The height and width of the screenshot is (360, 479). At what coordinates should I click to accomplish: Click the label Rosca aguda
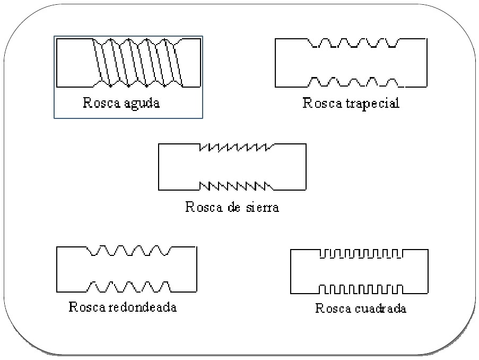[x=121, y=103]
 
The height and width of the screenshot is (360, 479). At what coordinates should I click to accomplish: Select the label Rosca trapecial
[x=351, y=103]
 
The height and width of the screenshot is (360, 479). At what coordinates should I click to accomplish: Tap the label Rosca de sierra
[x=232, y=207]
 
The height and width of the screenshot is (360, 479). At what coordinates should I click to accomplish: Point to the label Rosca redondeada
[x=123, y=307]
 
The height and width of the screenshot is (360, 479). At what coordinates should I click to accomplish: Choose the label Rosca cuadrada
[x=361, y=308]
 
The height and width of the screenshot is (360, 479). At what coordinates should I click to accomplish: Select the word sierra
[x=261, y=207]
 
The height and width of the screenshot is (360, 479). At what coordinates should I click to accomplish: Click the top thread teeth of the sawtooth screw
[x=235, y=147]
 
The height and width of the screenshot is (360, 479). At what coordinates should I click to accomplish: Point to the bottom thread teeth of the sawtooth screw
[x=235, y=185]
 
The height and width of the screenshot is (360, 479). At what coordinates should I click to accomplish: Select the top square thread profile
[x=361, y=254]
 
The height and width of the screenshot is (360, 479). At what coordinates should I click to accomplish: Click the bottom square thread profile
[x=361, y=289]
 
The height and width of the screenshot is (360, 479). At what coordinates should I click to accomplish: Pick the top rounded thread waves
[x=129, y=251]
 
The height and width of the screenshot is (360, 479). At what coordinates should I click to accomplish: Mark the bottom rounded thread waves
[x=129, y=287]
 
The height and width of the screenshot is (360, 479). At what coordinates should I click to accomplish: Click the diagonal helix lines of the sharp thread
[x=137, y=62]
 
